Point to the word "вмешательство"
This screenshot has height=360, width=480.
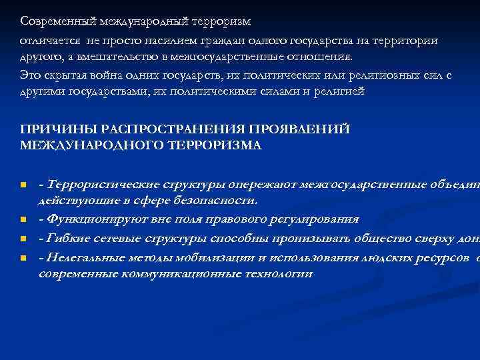click(112, 57)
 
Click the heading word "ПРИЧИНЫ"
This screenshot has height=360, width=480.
click(51, 128)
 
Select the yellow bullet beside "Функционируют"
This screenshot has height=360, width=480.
click(23, 219)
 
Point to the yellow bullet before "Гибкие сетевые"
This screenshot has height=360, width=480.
click(23, 237)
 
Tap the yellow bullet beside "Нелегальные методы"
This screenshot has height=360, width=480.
click(23, 257)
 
